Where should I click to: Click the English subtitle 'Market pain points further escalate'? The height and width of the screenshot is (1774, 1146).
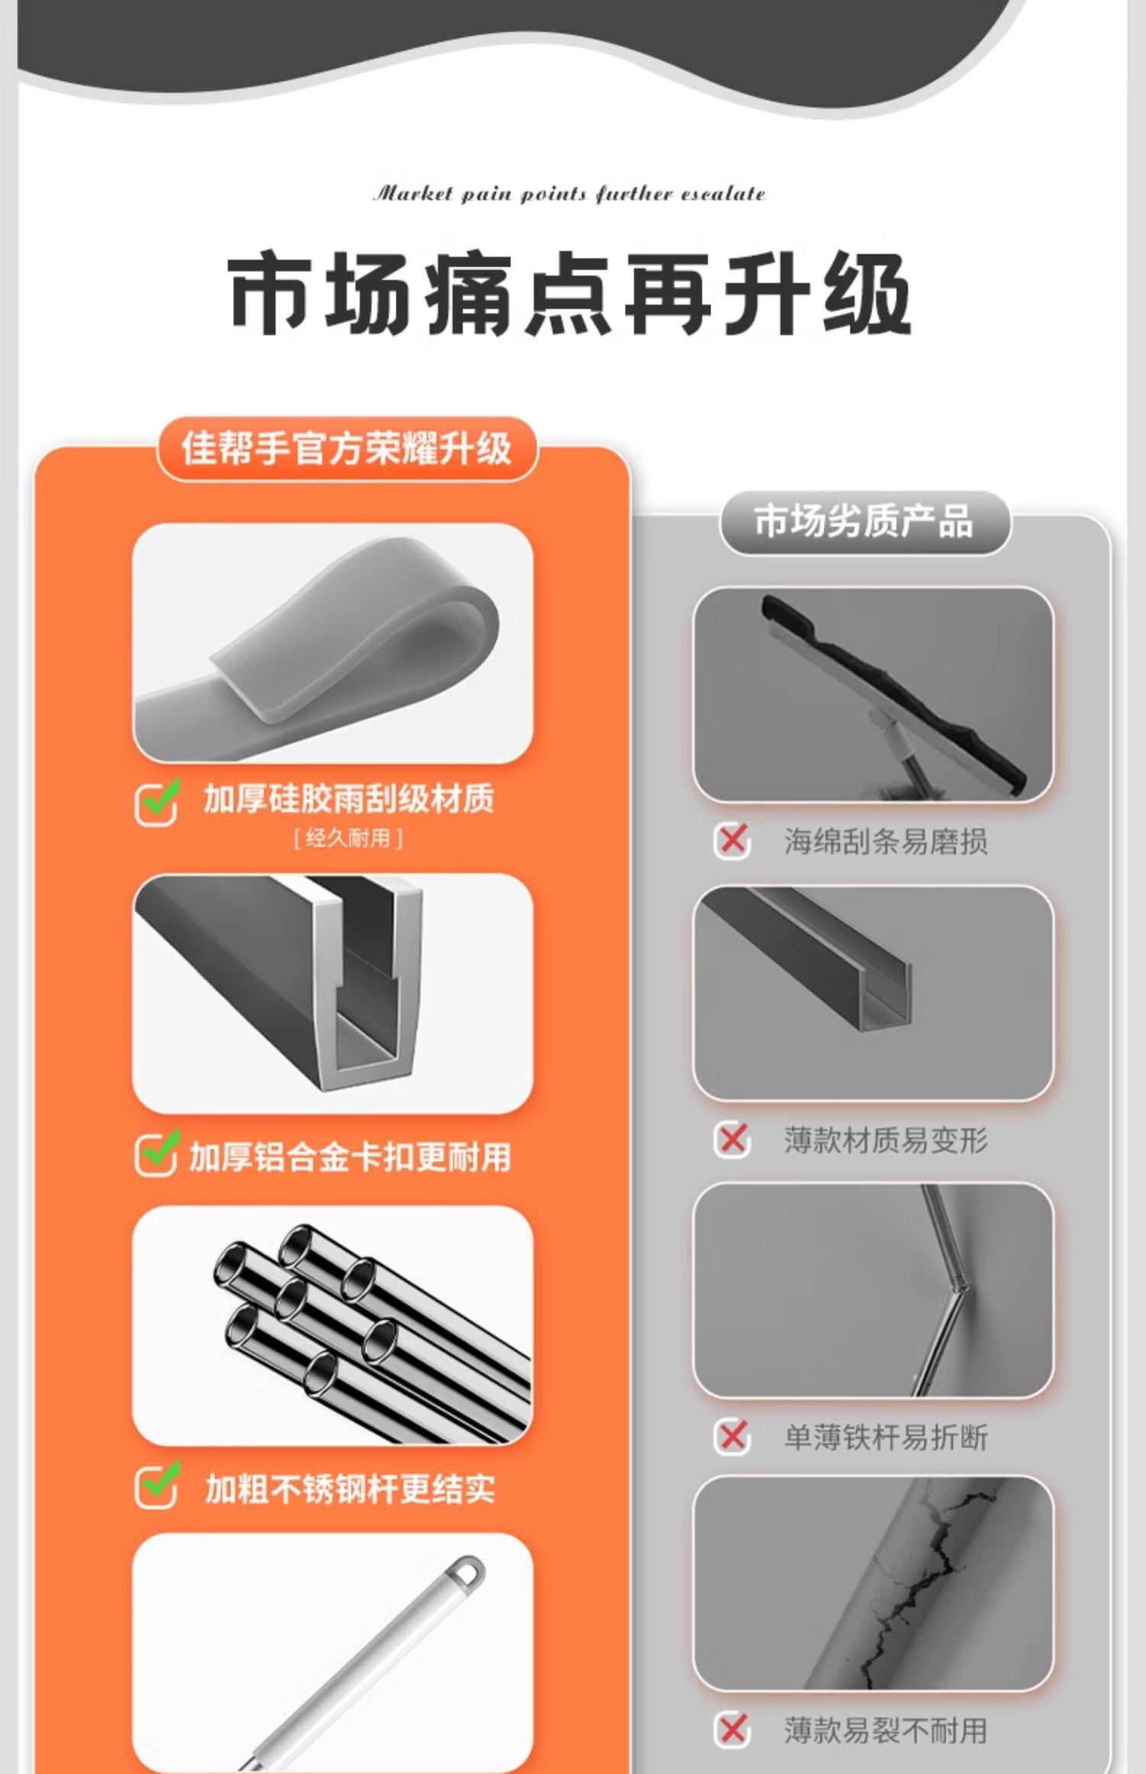coord(569,194)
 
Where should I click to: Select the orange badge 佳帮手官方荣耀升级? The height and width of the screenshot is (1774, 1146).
coord(347,448)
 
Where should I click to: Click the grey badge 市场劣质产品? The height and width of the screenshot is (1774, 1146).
coord(864,522)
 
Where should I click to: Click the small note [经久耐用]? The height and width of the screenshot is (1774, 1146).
coord(348,839)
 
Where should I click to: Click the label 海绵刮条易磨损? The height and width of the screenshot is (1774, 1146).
coord(885,841)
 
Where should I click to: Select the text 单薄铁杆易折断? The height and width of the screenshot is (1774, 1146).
coord(885,1437)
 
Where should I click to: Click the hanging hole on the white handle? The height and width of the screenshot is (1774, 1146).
coord(467,1572)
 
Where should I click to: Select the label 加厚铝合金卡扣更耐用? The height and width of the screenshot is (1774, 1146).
coord(350,1157)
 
